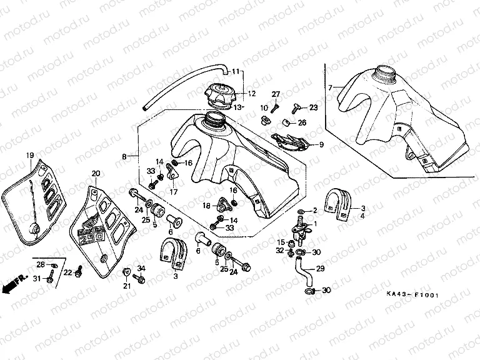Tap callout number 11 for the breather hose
point(235,70)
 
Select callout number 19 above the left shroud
point(29,155)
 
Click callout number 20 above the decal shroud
point(96,173)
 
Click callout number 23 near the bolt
point(313,107)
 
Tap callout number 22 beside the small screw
point(69,272)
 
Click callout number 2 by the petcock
point(315,210)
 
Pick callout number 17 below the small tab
point(173,191)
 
